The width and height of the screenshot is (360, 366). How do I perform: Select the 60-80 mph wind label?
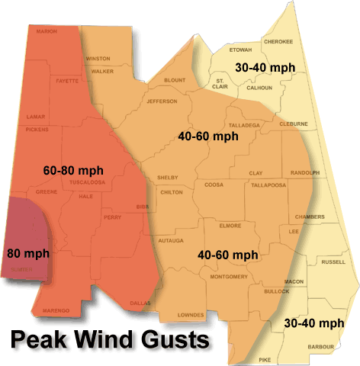pyautogui.click(x=74, y=169)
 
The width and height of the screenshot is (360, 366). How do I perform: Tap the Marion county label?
pyautogui.click(x=47, y=31)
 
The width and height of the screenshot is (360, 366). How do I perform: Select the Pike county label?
pyautogui.click(x=264, y=358)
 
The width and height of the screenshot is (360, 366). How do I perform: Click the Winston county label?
pyautogui.click(x=98, y=58)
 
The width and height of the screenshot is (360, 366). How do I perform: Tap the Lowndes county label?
pyautogui.click(x=190, y=314)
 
